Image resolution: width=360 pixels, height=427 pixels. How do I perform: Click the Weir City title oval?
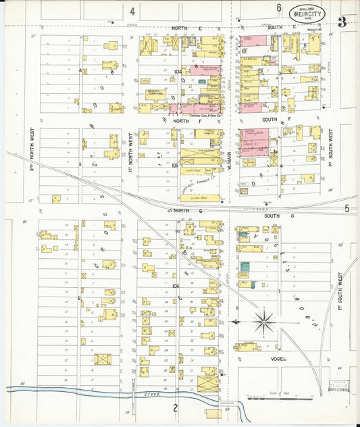(306, 13)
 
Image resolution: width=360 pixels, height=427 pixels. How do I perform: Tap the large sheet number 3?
(342, 22)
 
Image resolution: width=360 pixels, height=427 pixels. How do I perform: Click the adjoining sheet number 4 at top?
(133, 11)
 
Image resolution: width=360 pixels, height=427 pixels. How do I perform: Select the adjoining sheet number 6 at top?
(279, 8)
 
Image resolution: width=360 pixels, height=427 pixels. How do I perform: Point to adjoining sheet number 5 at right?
(347, 209)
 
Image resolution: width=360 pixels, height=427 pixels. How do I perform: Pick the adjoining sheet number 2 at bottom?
(175, 407)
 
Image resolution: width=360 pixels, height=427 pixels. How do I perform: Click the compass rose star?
(264, 321)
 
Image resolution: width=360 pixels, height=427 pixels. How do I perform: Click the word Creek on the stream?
(140, 393)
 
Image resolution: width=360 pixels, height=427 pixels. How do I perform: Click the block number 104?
(178, 71)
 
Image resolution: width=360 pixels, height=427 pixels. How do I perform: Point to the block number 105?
(176, 164)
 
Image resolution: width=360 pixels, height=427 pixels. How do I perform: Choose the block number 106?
(176, 286)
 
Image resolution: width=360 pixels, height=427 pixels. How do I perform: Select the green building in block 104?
(202, 81)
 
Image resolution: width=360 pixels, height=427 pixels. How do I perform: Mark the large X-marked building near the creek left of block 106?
(102, 359)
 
